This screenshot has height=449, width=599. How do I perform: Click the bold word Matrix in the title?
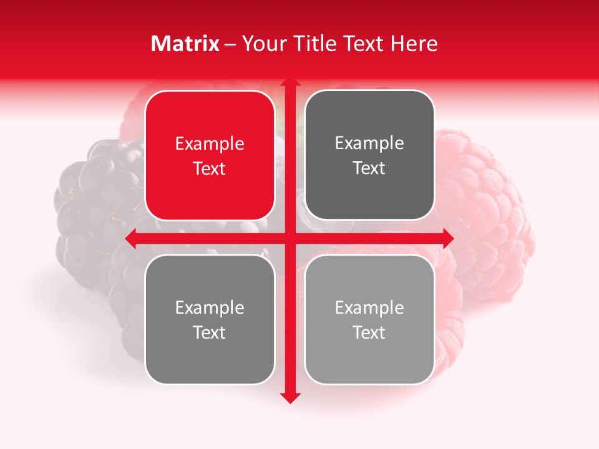185,44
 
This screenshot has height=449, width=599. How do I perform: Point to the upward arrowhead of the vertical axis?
289,83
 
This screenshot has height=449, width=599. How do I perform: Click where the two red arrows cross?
289,238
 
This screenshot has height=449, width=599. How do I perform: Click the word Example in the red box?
210,144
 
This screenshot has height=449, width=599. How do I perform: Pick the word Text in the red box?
210,168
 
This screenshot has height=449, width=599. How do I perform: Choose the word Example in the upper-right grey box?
369,143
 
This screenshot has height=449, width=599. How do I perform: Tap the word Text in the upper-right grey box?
369,168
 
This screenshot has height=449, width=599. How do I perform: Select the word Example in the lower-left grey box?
210,307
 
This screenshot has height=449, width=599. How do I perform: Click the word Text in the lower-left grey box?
210,332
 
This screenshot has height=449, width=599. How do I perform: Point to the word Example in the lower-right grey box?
369,307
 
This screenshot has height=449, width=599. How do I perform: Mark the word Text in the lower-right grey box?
369,332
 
